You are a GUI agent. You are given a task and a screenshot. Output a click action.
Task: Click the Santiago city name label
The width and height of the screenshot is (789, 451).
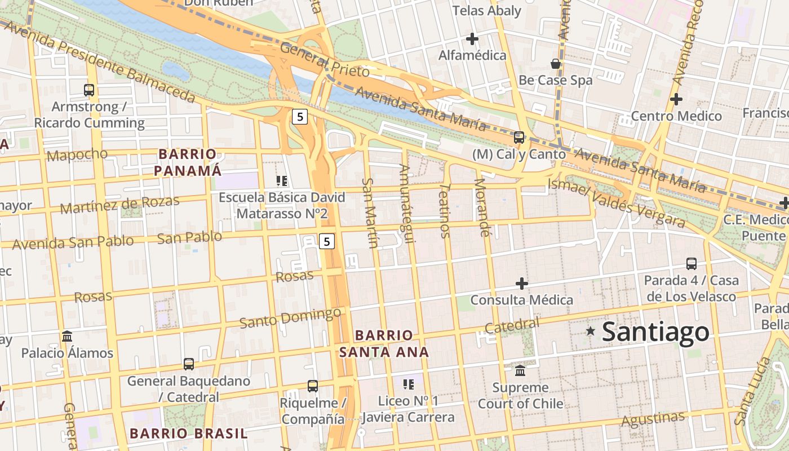tap(655, 332)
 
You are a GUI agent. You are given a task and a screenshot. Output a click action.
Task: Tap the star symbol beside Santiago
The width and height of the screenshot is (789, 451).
tap(591, 331)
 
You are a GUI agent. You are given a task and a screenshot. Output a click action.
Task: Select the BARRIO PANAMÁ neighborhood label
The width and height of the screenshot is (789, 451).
tap(188, 162)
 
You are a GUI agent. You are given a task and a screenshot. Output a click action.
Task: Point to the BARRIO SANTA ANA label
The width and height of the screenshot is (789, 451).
tap(384, 343)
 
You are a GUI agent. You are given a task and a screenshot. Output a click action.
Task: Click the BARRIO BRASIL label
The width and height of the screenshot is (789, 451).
tap(188, 434)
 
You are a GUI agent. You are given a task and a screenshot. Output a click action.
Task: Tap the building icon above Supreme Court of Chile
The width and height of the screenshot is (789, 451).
tap(520, 371)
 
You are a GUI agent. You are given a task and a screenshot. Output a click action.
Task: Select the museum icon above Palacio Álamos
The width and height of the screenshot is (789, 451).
tap(67, 337)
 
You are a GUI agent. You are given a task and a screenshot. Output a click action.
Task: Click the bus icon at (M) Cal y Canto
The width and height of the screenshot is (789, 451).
tap(518, 137)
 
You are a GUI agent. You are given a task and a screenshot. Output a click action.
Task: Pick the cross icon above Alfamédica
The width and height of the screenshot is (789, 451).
tap(472, 39)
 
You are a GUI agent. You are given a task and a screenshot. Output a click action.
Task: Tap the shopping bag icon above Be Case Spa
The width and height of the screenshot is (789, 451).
tap(556, 64)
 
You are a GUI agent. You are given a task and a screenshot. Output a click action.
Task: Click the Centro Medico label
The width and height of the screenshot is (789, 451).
tap(676, 116)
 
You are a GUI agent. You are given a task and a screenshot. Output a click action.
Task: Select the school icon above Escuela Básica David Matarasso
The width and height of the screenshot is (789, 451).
tap(282, 181)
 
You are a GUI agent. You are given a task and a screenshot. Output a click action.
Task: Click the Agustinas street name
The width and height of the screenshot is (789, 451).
tap(653, 419)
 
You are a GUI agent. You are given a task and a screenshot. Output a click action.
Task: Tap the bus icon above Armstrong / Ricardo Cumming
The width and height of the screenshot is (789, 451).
tap(89, 90)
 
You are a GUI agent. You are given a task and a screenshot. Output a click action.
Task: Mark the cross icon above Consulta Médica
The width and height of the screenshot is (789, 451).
tap(522, 283)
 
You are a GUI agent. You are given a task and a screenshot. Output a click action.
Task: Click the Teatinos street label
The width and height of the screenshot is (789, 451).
tap(445, 210)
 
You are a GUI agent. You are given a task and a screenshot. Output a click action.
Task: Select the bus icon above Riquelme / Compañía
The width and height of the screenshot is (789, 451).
tap(313, 386)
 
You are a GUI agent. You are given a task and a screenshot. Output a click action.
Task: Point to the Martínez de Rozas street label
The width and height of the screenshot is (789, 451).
tap(119, 204)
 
